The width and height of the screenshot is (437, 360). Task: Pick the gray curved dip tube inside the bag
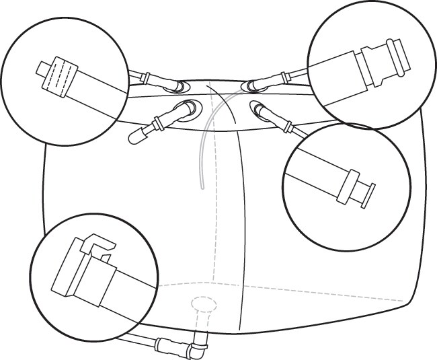[x=204, y=141]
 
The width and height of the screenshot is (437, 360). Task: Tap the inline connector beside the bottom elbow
[x=165, y=345]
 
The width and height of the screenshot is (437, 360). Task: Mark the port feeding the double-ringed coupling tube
[x=250, y=85]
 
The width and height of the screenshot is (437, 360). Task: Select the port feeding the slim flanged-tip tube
[x=259, y=107]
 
